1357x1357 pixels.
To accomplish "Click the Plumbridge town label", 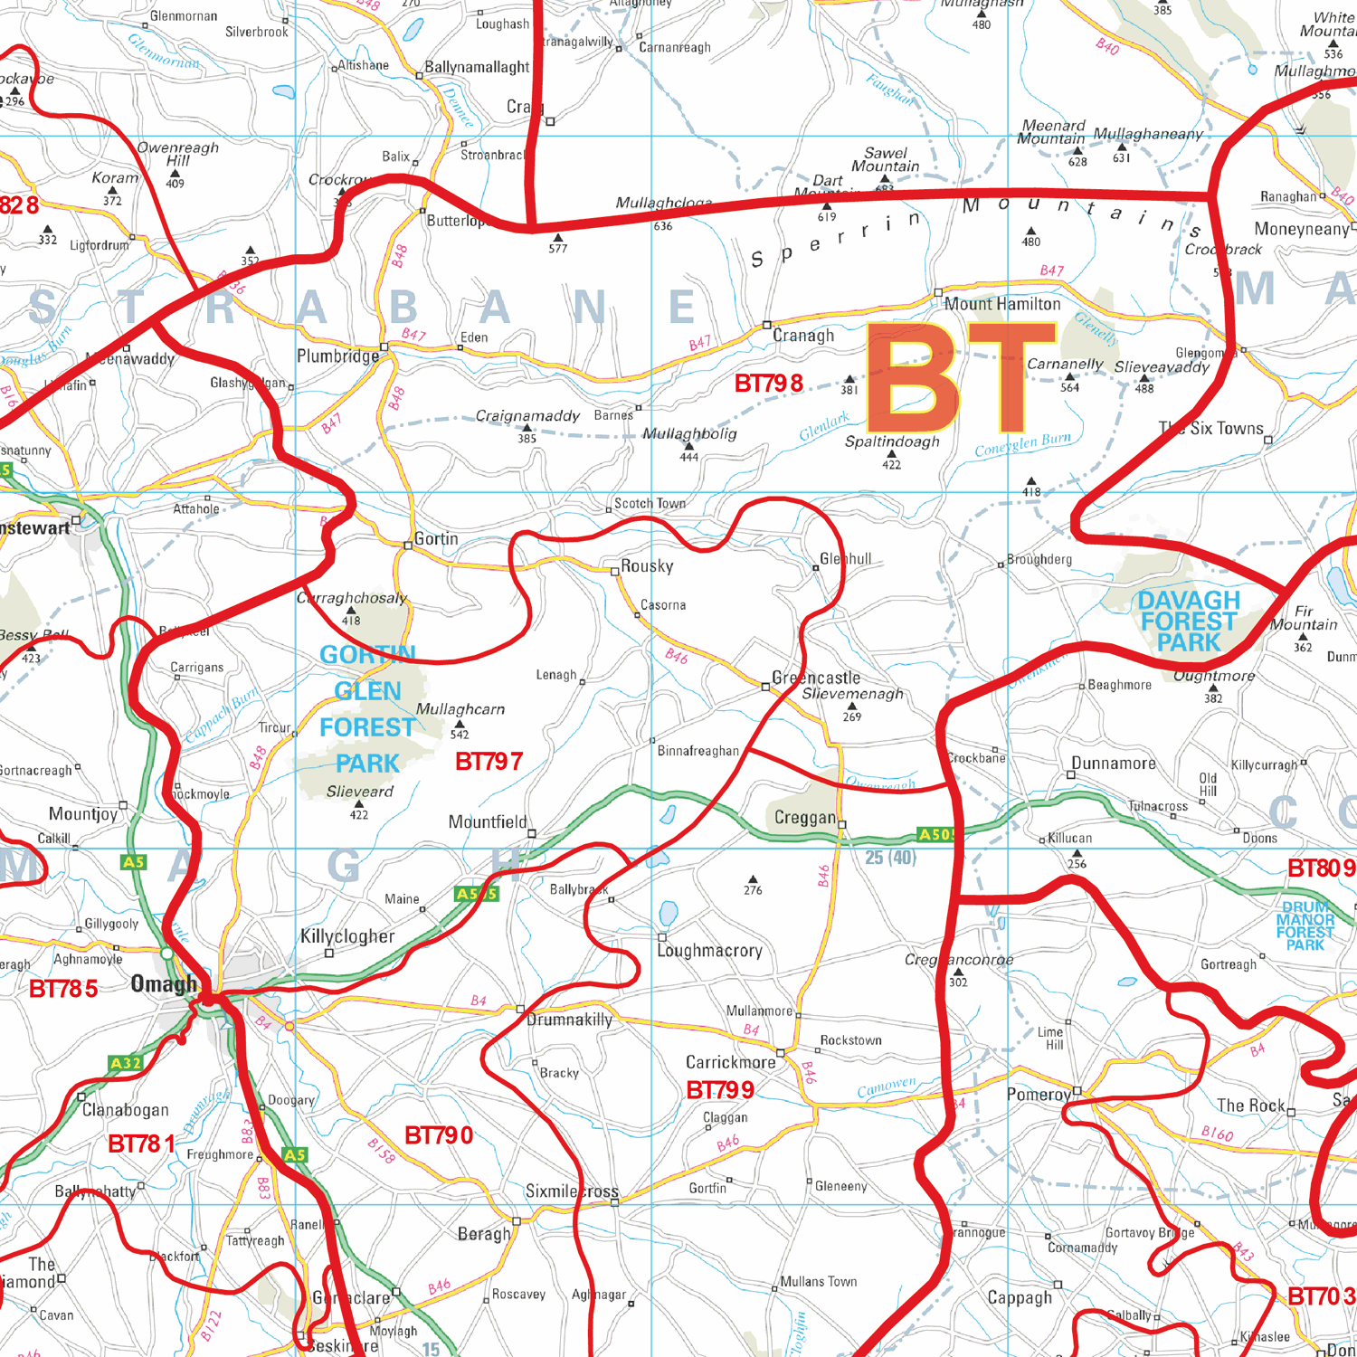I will [x=337, y=356].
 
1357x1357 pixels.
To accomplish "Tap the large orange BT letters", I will [x=961, y=378].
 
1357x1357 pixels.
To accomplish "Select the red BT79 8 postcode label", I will [x=768, y=384].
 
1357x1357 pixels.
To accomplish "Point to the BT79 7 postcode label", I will [x=489, y=762].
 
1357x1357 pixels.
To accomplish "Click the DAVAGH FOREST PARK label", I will [x=1188, y=622].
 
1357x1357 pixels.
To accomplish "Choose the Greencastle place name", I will [x=816, y=678].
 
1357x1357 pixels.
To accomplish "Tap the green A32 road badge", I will [x=125, y=1063].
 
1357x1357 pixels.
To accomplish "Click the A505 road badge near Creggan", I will [x=935, y=834].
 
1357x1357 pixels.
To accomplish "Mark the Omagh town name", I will [x=164, y=984].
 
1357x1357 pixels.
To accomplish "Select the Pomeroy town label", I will [x=1039, y=1095].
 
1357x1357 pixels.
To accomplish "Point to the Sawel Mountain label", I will [x=885, y=159].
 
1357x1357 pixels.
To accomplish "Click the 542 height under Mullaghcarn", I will [x=460, y=735].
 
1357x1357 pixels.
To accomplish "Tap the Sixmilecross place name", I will [x=572, y=1191].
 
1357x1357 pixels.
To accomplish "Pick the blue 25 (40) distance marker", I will [x=890, y=857].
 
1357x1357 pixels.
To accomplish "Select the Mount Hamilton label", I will [x=1002, y=304].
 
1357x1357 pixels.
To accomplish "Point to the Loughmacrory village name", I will [x=709, y=951].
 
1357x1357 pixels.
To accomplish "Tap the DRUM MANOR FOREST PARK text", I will [x=1305, y=925].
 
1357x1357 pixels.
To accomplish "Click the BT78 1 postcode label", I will [x=141, y=1144].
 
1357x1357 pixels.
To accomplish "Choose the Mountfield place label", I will [x=487, y=822].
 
